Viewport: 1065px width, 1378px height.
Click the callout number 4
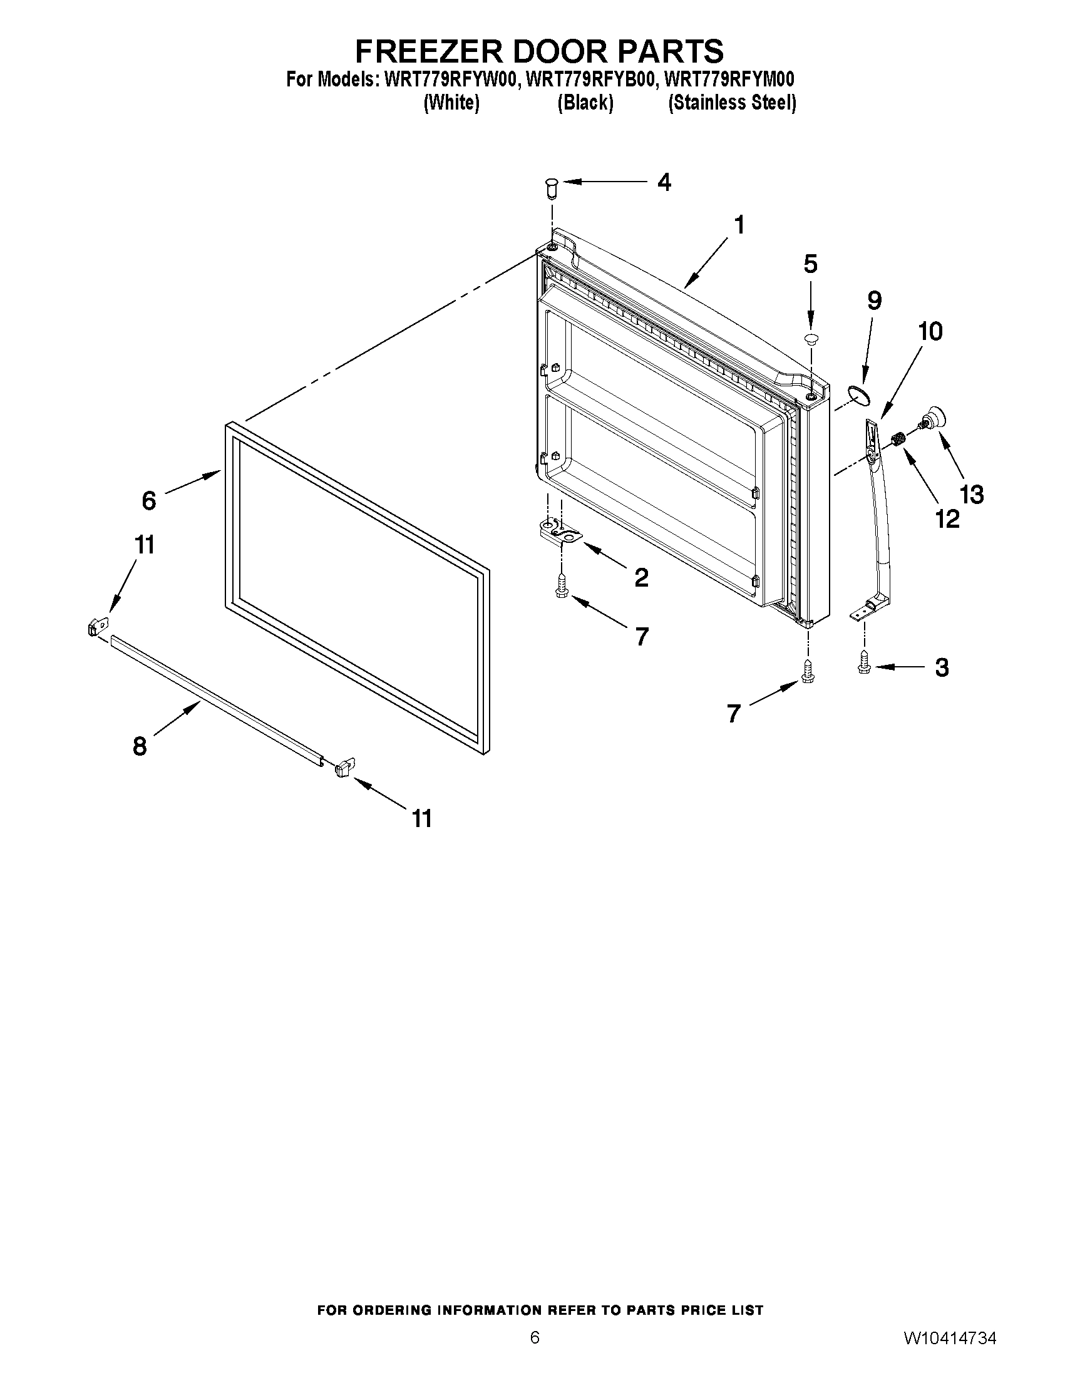(664, 182)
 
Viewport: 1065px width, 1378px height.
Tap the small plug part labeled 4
(552, 187)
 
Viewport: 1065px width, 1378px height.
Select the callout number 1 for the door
(739, 225)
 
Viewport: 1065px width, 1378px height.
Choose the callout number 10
(930, 332)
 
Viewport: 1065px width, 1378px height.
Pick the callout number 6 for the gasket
(149, 500)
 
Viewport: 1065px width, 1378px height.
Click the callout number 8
(140, 746)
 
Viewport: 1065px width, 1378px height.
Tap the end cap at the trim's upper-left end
(96, 627)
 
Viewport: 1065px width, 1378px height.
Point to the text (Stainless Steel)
(732, 103)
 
